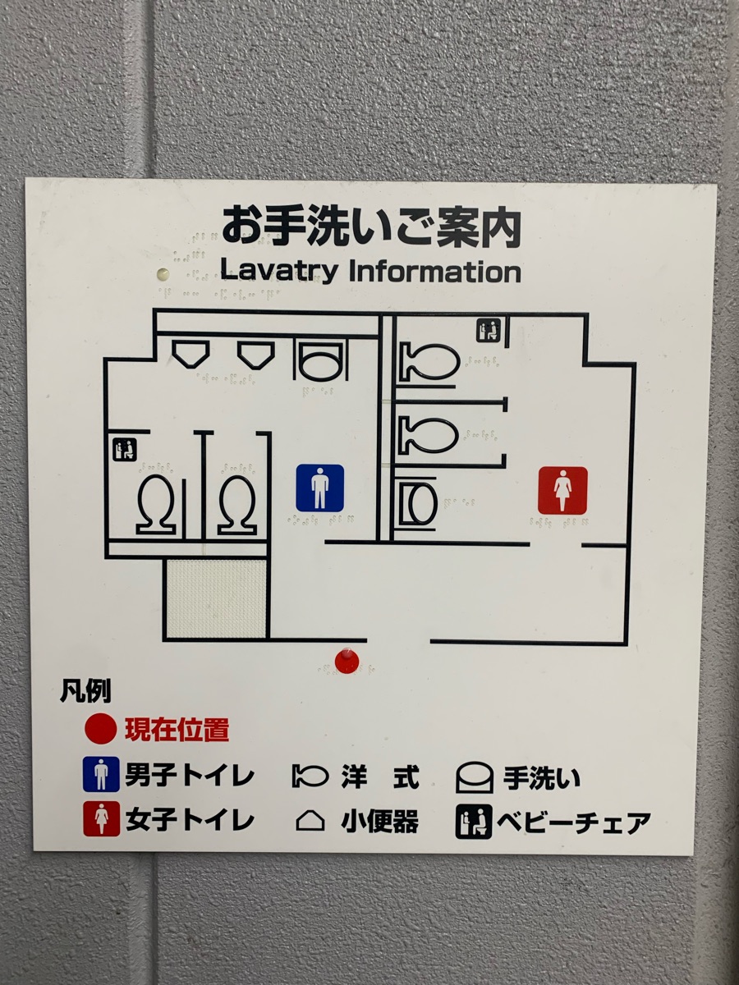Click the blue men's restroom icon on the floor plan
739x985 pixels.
click(x=320, y=488)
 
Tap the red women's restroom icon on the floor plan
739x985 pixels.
click(x=562, y=491)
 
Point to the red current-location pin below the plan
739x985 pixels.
click(x=347, y=661)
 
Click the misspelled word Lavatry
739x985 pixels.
click(x=278, y=271)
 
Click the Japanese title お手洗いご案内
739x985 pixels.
click(x=371, y=227)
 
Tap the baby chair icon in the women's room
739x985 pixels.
click(x=489, y=330)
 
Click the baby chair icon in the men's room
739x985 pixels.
click(x=125, y=450)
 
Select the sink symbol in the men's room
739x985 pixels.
click(x=321, y=360)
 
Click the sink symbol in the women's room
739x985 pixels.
click(x=418, y=502)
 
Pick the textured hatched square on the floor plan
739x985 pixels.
click(x=217, y=598)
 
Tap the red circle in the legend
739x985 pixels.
click(x=100, y=731)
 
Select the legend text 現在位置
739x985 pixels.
click(x=177, y=730)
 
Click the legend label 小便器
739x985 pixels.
click(x=379, y=820)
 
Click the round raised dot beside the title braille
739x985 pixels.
click(x=163, y=273)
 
